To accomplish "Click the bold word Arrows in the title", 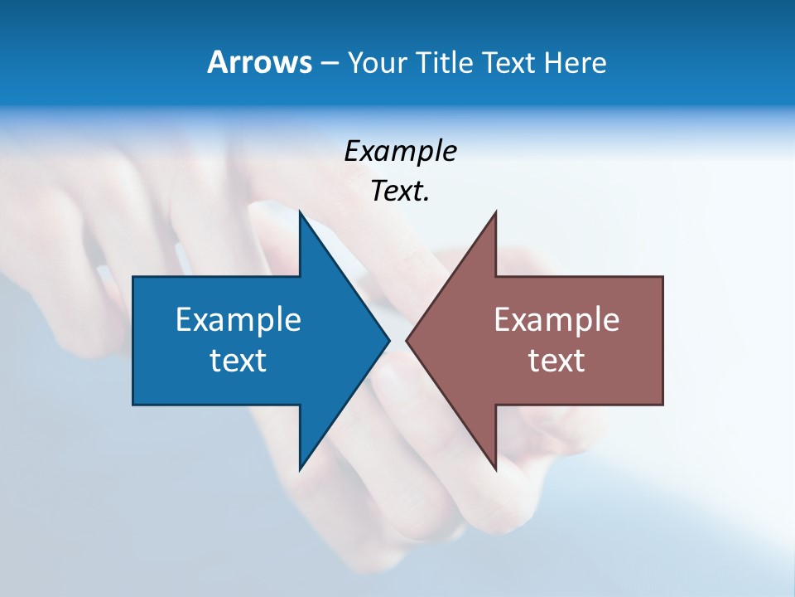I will [x=259, y=62].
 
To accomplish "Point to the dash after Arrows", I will [x=329, y=64].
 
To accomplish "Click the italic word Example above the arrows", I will [x=400, y=152].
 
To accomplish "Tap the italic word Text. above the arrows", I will [x=400, y=192].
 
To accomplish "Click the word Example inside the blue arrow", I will [x=238, y=320].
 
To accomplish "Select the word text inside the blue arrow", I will [x=238, y=361].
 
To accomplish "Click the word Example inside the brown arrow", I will [x=556, y=320].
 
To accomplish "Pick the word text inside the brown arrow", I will [x=556, y=361].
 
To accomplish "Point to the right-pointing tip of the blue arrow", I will [x=388, y=340].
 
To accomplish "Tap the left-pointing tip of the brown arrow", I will [x=407, y=340].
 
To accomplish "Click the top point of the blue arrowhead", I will [x=300, y=212].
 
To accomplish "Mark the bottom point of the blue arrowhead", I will [x=300, y=469].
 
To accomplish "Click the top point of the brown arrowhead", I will [x=495, y=212].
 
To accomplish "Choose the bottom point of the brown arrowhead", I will [x=495, y=469].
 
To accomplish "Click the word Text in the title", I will [x=510, y=62].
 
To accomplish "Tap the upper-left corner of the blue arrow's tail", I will [x=133, y=277].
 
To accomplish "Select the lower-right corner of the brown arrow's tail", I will [x=662, y=404].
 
